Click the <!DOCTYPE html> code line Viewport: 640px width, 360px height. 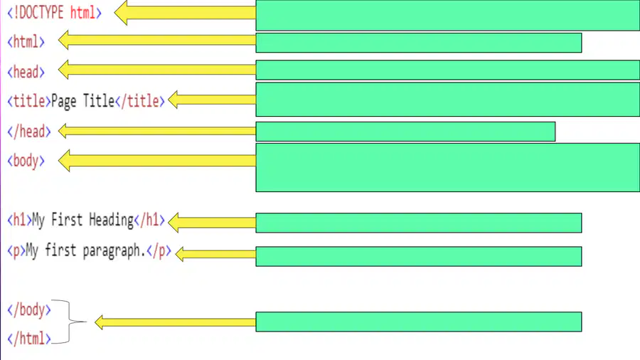[x=54, y=13]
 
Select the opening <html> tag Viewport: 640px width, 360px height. [x=26, y=42]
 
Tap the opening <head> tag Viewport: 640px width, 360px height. [x=26, y=72]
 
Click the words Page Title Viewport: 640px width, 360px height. [x=83, y=101]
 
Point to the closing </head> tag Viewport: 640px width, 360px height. [x=29, y=132]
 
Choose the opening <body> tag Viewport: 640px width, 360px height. [x=26, y=160]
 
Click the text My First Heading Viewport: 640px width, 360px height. [x=83, y=220]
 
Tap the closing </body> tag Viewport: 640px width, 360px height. [x=29, y=309]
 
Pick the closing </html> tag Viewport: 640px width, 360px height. [x=29, y=339]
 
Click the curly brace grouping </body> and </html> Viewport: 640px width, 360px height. [x=69, y=322]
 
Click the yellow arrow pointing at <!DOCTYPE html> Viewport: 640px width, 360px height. [x=185, y=13]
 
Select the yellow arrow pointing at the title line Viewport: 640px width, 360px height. [x=212, y=100]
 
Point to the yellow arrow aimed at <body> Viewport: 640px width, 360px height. [x=157, y=160]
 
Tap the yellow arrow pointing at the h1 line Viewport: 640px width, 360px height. [x=212, y=223]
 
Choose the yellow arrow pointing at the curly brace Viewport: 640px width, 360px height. [x=175, y=322]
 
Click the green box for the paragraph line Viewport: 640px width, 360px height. [x=419, y=256]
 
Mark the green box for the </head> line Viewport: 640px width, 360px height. [x=405, y=132]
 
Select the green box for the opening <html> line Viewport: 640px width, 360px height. [x=419, y=43]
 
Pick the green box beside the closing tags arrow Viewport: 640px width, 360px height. [x=419, y=322]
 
